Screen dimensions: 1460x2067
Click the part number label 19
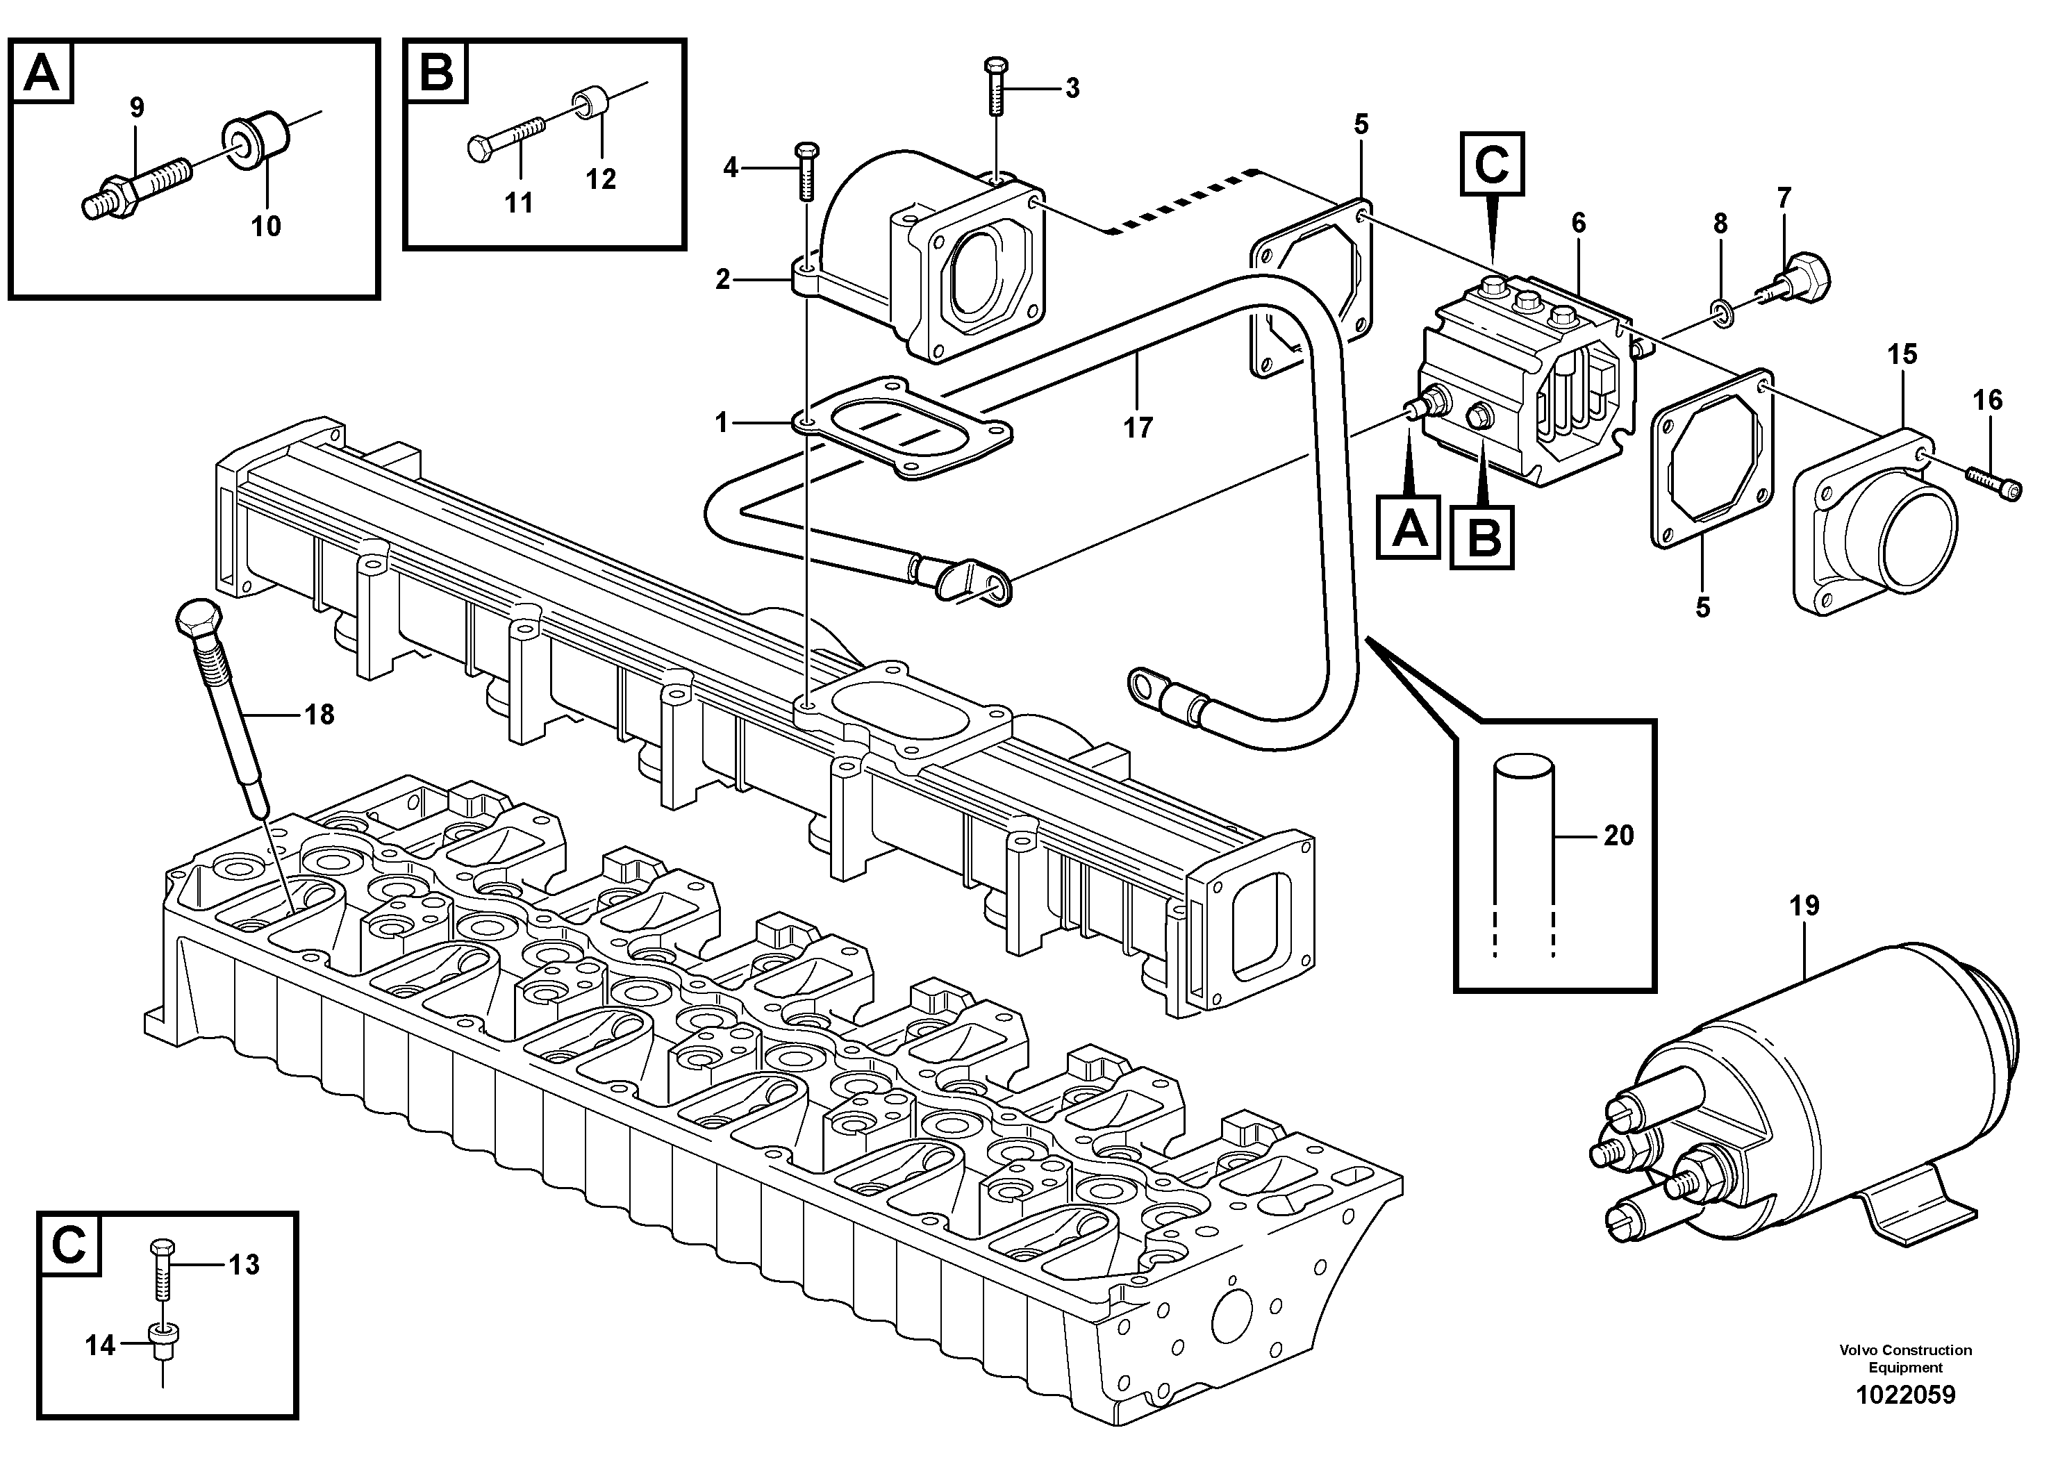coord(1804,906)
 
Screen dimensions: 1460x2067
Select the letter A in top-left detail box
coord(42,74)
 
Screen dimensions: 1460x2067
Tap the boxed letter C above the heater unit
coord(1492,164)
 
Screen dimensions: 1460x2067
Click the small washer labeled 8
coord(1720,313)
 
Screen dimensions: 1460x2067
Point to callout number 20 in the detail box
coord(1618,836)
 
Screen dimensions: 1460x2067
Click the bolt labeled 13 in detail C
coord(162,1268)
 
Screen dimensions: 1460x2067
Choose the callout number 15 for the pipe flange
coord(1902,354)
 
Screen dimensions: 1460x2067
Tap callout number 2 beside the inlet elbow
coord(722,279)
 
